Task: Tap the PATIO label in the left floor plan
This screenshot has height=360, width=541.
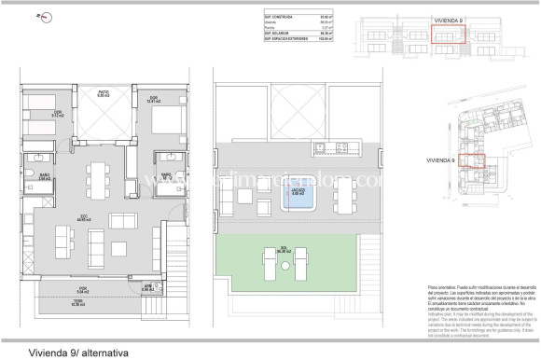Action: click(x=105, y=92)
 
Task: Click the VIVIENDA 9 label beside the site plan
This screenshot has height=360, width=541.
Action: click(x=439, y=159)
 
